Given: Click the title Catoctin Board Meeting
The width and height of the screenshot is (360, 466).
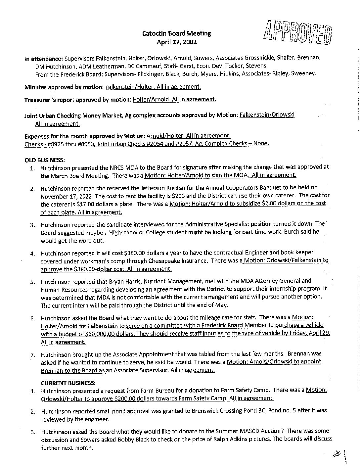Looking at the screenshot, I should pos(176,33).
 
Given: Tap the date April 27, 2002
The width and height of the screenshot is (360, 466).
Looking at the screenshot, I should pos(176,42).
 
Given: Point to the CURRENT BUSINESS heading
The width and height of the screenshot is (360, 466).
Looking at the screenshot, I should pos(68,383).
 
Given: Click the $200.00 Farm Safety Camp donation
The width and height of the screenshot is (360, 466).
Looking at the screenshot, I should pos(125,398).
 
